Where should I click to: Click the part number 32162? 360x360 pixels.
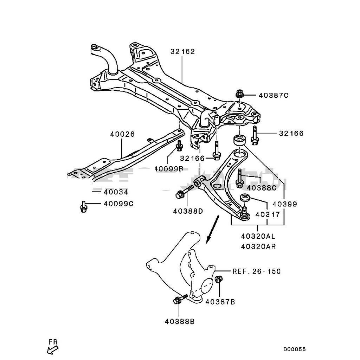183,52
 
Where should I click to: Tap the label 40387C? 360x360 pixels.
274,95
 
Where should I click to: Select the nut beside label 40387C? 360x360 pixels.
239,94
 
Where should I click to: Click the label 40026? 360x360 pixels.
122,134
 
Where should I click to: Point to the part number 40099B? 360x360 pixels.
169,168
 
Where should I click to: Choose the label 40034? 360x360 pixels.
116,192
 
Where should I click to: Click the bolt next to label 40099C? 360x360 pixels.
84,206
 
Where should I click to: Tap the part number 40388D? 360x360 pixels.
188,211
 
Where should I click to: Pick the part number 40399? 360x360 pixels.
285,204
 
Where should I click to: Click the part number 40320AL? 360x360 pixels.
258,237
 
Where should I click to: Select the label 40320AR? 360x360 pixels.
258,246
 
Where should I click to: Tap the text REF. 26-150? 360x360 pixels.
257,271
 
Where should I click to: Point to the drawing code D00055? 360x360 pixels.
295,349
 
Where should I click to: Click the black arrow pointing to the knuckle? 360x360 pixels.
212,230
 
